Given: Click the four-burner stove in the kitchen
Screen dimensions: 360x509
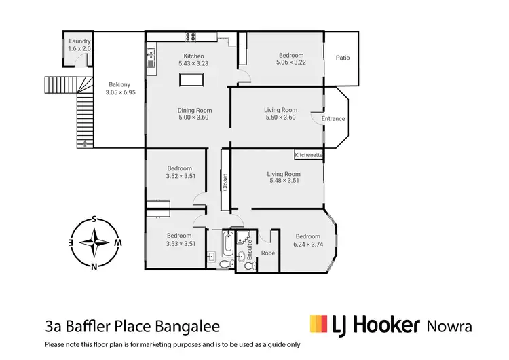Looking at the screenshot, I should pyautogui.click(x=191, y=38).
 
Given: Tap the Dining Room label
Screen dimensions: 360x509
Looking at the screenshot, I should pyautogui.click(x=195, y=110).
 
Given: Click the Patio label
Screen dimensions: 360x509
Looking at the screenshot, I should pyautogui.click(x=343, y=58).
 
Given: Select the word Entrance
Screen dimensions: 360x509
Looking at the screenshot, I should pyautogui.click(x=333, y=118).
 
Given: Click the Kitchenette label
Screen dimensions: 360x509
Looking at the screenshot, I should pyautogui.click(x=309, y=155).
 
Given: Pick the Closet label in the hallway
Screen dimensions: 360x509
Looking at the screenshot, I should pyautogui.click(x=225, y=182).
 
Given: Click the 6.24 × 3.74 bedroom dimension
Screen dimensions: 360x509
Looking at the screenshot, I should pyautogui.click(x=307, y=244).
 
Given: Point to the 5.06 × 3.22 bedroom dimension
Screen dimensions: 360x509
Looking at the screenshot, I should pyautogui.click(x=291, y=62).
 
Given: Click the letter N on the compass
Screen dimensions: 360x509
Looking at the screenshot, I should pyautogui.click(x=94, y=266).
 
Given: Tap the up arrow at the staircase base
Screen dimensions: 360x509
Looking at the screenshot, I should pyautogui.click(x=84, y=143).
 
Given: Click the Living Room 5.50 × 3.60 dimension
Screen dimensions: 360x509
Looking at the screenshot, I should pyautogui.click(x=281, y=117).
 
